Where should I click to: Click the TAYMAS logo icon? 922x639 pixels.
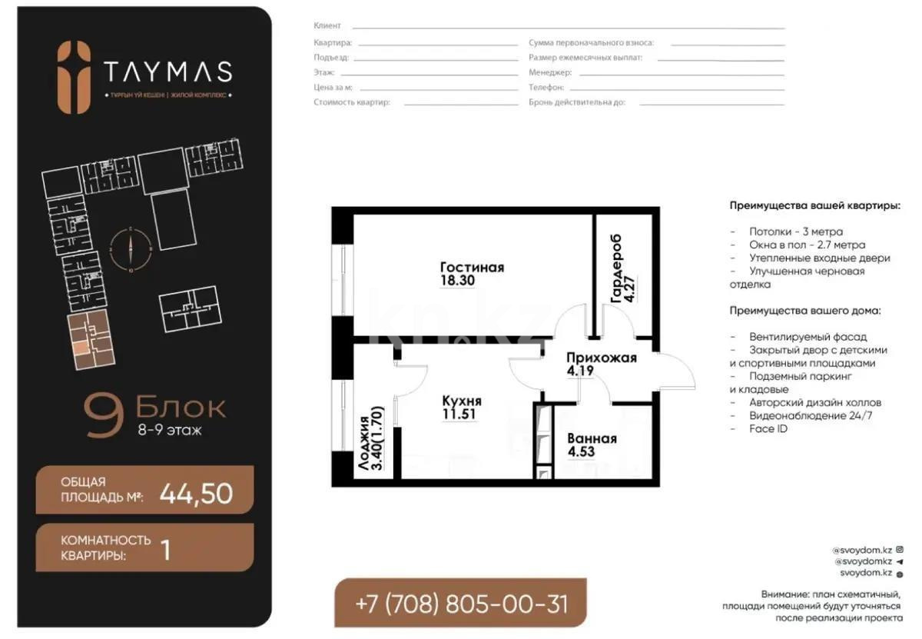(x=75, y=77)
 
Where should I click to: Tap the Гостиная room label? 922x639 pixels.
(x=472, y=268)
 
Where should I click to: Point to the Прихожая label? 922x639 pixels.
(x=602, y=358)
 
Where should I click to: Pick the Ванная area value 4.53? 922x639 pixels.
(x=580, y=452)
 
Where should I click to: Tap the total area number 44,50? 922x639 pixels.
(x=196, y=494)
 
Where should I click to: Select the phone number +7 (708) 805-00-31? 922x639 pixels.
(x=462, y=603)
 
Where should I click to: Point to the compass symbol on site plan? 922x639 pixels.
(x=131, y=249)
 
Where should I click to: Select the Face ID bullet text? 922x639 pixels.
(x=768, y=428)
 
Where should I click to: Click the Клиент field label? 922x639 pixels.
(x=327, y=25)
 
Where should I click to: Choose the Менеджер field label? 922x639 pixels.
(x=549, y=72)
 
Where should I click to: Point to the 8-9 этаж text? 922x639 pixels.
(x=169, y=431)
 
